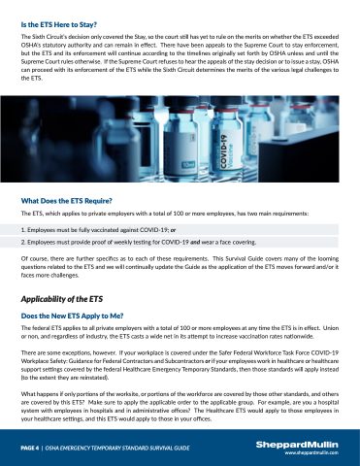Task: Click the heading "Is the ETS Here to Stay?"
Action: click(59, 25)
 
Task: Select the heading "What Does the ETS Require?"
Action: click(66, 201)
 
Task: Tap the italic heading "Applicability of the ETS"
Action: click(62, 299)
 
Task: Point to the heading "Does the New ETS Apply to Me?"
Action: click(72, 316)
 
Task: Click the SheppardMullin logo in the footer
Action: click(297, 445)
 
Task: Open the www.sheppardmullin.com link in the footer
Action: click(311, 452)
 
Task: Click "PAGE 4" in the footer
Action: click(30, 449)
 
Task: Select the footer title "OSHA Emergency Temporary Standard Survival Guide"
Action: click(117, 449)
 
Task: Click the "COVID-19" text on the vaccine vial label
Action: click(224, 151)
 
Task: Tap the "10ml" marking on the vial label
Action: click(188, 165)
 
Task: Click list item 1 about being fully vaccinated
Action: click(98, 230)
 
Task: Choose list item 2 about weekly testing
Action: click(139, 242)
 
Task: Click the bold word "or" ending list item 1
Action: click(174, 230)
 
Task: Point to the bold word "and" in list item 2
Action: click(195, 242)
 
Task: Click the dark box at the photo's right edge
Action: click(299, 156)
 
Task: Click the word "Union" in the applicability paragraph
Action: click(331, 328)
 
